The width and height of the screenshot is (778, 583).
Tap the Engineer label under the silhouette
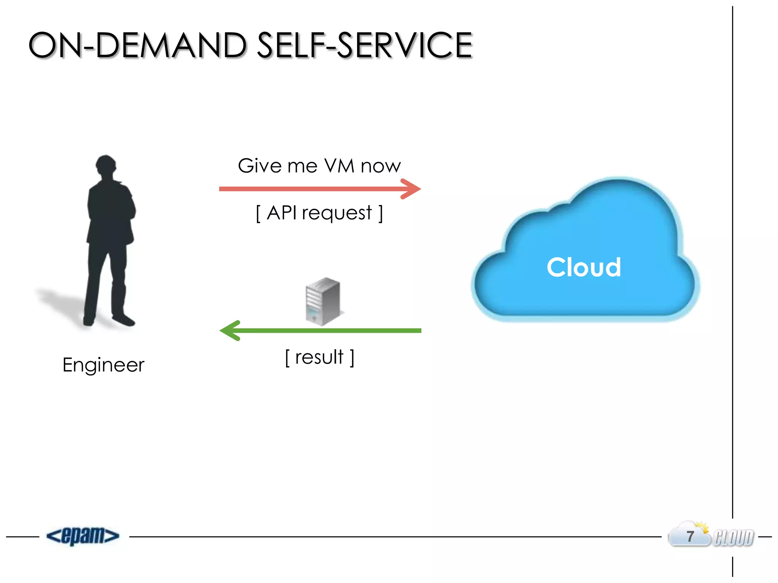[x=103, y=365]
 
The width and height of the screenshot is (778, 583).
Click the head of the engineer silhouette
[x=106, y=165]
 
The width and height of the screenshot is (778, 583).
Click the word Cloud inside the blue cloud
[x=584, y=268]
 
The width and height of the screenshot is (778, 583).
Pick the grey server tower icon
[x=323, y=301]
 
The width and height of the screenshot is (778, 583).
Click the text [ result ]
[x=319, y=357]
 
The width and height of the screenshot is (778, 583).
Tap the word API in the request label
[x=281, y=213]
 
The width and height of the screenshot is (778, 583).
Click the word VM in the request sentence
[x=339, y=166]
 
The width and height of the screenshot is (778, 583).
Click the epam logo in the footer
[x=83, y=536]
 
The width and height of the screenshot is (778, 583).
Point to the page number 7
[x=690, y=536]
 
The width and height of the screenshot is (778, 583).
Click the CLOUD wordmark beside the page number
[x=734, y=538]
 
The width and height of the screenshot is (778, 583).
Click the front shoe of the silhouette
[x=124, y=321]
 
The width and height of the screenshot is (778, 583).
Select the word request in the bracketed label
[x=337, y=213]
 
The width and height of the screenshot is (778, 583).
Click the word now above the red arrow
[x=381, y=166]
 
